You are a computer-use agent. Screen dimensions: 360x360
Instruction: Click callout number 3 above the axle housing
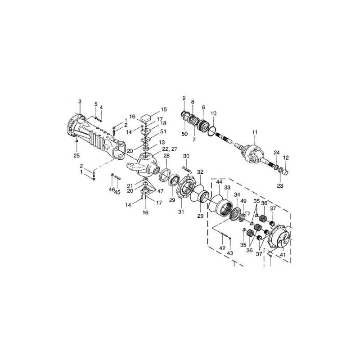(80, 102)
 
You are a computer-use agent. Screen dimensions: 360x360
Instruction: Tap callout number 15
(164, 109)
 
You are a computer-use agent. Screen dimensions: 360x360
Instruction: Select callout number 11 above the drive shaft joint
(255, 132)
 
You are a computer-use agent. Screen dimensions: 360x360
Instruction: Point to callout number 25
(76, 156)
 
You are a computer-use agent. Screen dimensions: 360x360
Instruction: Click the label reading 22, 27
(170, 149)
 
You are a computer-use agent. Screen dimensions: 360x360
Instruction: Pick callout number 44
(219, 182)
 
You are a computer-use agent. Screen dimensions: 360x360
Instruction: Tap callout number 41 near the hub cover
(283, 255)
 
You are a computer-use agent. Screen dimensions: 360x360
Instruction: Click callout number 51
(163, 131)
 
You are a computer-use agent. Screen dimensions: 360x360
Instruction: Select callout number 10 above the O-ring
(213, 113)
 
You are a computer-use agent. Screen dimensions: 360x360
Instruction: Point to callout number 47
(160, 191)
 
